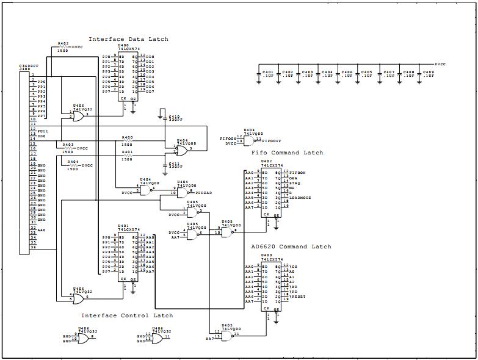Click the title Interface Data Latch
click(128, 39)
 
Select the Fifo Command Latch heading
click(287, 153)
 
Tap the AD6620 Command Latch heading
click(291, 247)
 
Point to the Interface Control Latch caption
click(127, 315)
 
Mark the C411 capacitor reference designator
click(174, 164)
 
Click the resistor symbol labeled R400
click(127, 142)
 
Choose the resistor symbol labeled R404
click(73, 165)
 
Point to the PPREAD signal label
click(204, 193)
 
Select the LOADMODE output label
click(300, 198)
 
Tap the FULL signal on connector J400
click(43, 131)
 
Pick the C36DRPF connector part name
click(28, 65)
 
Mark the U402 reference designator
click(266, 160)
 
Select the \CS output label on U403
click(294, 267)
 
